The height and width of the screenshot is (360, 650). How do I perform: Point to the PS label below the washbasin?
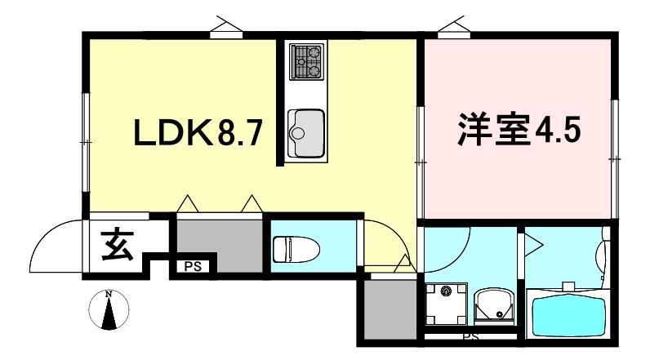(x=470, y=336)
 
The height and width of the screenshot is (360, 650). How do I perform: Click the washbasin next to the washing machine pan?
(x=492, y=304)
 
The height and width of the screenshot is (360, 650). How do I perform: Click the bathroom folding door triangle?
(x=532, y=242)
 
